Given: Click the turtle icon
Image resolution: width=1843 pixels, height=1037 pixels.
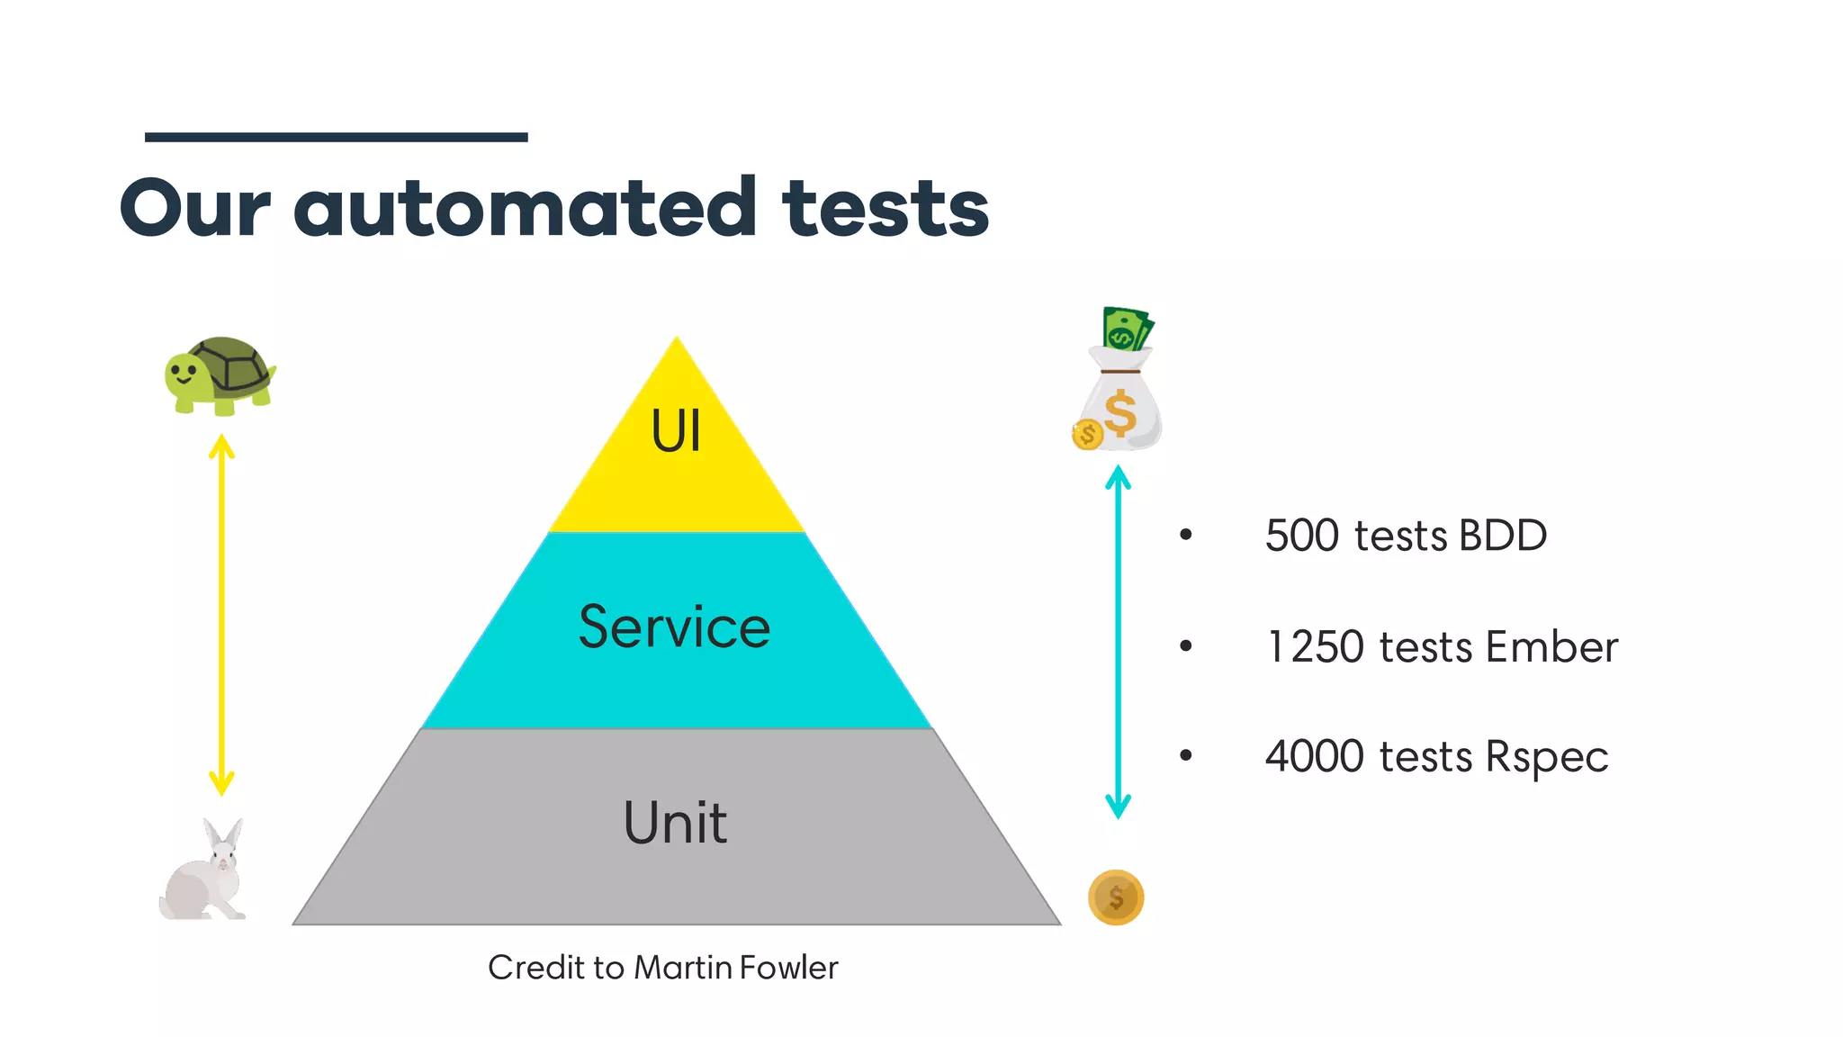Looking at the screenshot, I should click(x=220, y=375).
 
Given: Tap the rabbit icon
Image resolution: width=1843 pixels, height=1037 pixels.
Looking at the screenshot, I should click(x=204, y=871).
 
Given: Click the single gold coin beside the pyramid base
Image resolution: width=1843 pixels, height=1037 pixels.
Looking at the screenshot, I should click(x=1116, y=897).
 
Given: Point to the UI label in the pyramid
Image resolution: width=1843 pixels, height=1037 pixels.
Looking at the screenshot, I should click(x=676, y=431).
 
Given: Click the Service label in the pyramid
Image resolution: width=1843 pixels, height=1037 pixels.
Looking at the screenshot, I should click(x=674, y=627).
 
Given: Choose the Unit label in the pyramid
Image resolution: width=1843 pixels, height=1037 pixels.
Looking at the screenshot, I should click(x=675, y=823).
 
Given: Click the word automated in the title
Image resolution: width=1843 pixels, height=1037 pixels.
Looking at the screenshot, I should click(x=526, y=208).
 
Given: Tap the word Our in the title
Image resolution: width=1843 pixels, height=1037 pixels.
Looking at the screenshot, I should click(x=194, y=208).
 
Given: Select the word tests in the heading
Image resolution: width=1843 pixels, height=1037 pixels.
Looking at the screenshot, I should click(x=886, y=208).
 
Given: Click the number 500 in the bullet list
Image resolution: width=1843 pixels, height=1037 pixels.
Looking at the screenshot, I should click(x=1302, y=536).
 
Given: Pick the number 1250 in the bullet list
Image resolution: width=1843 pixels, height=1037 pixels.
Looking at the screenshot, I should click(x=1315, y=647).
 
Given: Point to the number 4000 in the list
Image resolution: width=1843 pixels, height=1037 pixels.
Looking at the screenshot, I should click(x=1315, y=756).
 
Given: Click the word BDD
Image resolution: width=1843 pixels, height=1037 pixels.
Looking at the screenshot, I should click(x=1503, y=536).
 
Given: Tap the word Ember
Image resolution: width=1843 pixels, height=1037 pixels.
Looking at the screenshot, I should click(x=1552, y=647).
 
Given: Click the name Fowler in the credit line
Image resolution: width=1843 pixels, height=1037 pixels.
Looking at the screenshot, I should click(x=788, y=968).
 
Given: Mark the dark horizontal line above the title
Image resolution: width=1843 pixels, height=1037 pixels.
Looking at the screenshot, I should click(x=336, y=138).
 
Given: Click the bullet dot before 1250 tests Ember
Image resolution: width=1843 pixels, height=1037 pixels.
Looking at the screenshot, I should click(x=1186, y=646).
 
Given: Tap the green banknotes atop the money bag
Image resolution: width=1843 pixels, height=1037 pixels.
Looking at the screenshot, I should click(x=1127, y=329).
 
